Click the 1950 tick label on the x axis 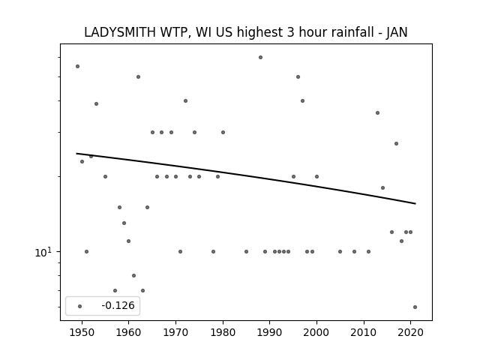pos(82,332)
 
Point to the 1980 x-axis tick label pos(223,332)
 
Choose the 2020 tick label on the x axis pos(410,332)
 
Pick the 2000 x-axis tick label pos(316,332)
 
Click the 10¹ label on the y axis pos(43,252)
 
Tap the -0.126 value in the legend pos(118,305)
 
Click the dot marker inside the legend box pos(80,306)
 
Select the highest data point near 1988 pos(260,57)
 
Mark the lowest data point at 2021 pos(415,307)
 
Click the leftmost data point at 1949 pos(77,67)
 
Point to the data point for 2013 pos(377,113)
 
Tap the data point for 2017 pos(397,143)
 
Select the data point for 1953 pos(96,103)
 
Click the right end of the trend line pos(415,203)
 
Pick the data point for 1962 pos(138,76)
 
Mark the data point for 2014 pos(382,188)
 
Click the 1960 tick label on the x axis pos(128,332)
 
